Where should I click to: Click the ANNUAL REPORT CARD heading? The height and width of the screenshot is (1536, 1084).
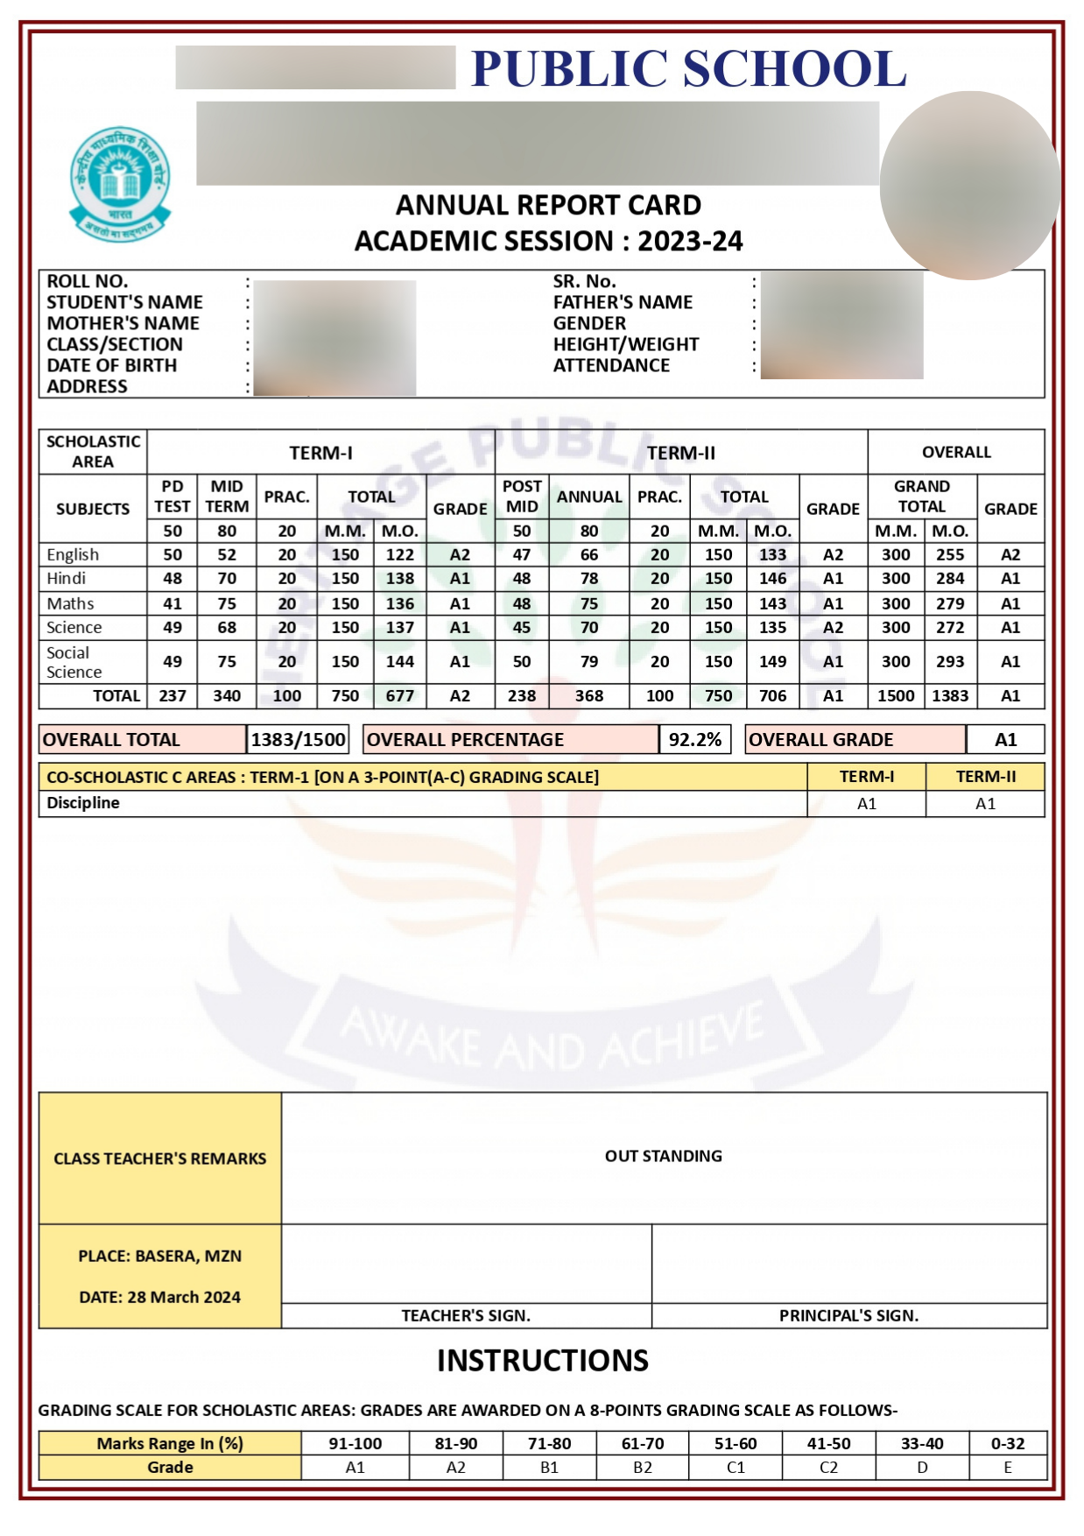point(548,205)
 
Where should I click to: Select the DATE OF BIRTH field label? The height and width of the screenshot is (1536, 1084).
point(111,365)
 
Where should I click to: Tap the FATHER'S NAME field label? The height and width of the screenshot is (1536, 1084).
point(622,302)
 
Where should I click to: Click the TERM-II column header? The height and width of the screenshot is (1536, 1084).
point(680,453)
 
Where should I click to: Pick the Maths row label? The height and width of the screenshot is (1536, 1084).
point(70,603)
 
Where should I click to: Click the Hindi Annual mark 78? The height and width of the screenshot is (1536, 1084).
point(589,579)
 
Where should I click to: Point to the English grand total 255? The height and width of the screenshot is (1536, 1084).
point(949,554)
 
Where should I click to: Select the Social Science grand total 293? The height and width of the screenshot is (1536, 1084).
point(949,662)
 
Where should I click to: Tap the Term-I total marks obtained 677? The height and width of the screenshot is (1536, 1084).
point(399,695)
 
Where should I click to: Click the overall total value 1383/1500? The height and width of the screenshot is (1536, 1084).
point(298,740)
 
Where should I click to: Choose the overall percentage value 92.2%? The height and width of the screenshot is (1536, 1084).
point(694,740)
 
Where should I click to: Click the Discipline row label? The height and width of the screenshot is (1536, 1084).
point(83,803)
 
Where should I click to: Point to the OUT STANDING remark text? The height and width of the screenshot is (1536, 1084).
point(663,1156)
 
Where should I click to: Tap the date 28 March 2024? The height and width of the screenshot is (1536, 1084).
point(159,1297)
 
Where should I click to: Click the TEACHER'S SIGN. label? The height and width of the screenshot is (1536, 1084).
point(466,1315)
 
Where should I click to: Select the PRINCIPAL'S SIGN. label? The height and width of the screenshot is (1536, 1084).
point(848,1315)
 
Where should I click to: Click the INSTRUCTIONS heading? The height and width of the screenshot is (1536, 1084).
point(542,1360)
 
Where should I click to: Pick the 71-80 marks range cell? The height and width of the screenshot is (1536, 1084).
point(549,1443)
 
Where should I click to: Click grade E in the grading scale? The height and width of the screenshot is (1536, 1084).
point(1007,1467)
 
